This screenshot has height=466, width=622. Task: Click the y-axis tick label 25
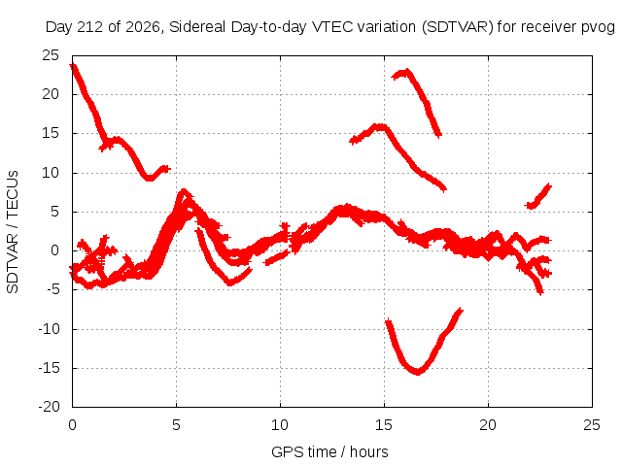tap(51, 55)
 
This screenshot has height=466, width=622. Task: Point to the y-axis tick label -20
tap(49, 407)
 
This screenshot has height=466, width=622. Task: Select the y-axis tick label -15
tap(49, 368)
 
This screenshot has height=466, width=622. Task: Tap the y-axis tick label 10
tap(51, 173)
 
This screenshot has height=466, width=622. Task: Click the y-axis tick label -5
tap(53, 289)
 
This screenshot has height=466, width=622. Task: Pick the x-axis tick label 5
tap(176, 425)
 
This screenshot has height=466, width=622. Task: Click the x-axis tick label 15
tap(384, 425)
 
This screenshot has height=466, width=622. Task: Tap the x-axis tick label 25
tap(592, 425)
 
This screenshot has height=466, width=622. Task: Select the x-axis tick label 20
tap(488, 425)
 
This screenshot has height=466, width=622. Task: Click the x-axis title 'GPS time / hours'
tap(329, 452)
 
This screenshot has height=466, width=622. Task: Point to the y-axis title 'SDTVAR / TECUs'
tap(13, 232)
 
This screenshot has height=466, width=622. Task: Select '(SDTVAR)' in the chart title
tap(458, 27)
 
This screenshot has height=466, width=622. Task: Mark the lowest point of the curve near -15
tap(418, 372)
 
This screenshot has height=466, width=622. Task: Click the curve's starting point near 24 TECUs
tap(74, 67)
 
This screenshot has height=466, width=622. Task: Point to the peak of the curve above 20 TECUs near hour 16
tap(405, 72)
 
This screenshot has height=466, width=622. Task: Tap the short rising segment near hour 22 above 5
tap(538, 196)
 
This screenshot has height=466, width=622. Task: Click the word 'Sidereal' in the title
tap(197, 27)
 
